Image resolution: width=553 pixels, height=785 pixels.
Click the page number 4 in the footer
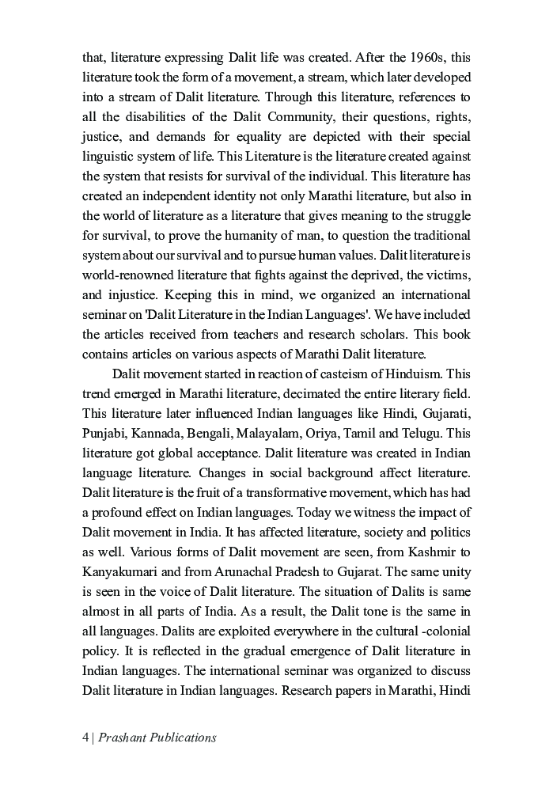85,738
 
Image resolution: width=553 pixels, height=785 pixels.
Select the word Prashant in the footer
124,738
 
